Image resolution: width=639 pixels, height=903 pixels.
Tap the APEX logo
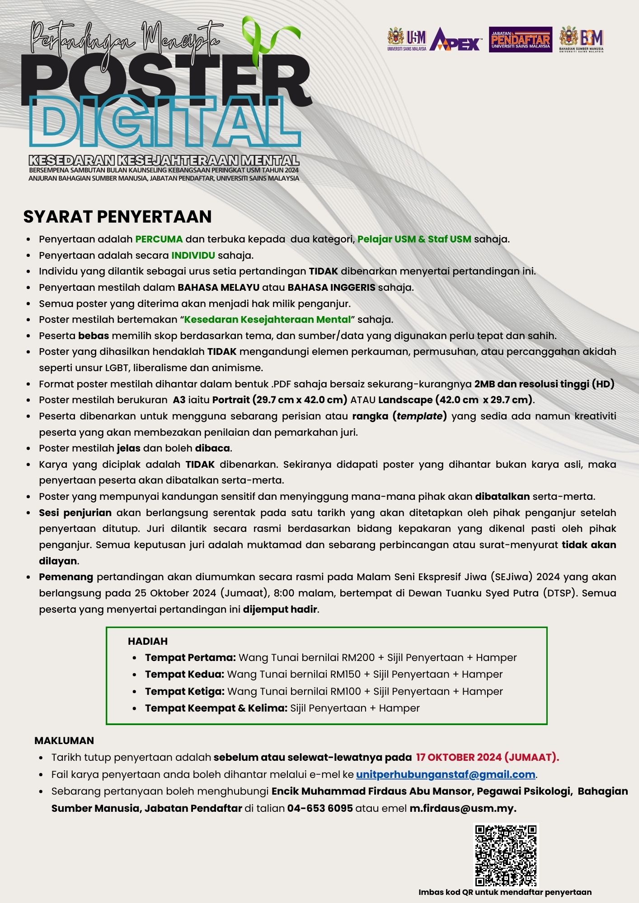point(455,40)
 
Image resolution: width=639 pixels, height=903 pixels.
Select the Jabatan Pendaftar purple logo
point(520,40)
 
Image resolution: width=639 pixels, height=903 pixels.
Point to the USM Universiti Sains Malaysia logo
point(407,39)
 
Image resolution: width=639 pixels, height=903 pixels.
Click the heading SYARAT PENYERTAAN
point(117,217)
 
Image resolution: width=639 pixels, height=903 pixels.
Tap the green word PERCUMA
point(159,239)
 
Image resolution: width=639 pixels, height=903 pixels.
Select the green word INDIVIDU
point(193,256)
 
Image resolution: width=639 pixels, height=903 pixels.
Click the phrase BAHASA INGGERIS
point(331,288)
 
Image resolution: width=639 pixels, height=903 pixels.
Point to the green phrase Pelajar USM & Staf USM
point(414,239)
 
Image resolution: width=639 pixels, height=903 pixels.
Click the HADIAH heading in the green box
point(148,641)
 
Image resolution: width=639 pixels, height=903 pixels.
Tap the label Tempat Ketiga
point(185,692)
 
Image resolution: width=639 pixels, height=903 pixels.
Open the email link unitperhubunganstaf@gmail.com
point(446,775)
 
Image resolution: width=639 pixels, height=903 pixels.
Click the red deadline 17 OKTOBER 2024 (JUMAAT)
point(488,758)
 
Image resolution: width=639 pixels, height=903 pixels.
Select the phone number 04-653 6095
point(320,808)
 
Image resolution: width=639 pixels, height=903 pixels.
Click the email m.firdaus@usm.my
point(463,808)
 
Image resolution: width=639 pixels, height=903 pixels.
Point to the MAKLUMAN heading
point(64,740)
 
